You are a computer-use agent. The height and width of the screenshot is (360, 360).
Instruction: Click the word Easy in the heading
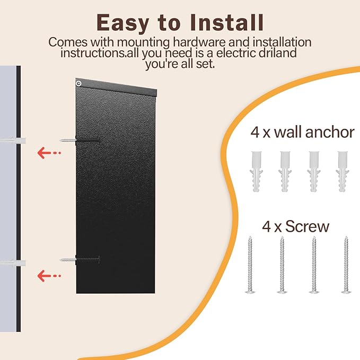(122, 23)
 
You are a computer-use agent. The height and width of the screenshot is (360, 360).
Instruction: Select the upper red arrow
(49, 153)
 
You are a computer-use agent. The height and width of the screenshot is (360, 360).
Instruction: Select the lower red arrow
(49, 276)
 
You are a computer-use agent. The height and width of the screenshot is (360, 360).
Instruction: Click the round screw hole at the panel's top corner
(79, 84)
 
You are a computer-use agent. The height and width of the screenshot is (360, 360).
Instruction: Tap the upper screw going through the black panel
(80, 141)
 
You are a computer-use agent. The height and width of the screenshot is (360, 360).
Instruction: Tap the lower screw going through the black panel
(80, 260)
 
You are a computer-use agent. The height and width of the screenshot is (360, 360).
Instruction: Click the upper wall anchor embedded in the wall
(13, 141)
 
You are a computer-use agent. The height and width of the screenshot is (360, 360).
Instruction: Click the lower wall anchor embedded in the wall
(13, 263)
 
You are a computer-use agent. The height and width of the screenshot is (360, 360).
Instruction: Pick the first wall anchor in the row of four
(256, 171)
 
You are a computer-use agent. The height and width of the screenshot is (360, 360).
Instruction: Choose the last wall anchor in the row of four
(343, 171)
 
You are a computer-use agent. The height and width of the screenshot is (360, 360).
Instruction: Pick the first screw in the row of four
(250, 265)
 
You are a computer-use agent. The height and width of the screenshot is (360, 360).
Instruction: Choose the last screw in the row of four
(346, 265)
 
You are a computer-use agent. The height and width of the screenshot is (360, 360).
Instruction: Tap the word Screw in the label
(307, 226)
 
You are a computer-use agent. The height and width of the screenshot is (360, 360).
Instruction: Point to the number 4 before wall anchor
(255, 133)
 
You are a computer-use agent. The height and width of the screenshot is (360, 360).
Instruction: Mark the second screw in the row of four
(282, 265)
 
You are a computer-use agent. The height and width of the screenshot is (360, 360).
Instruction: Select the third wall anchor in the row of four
(314, 171)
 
